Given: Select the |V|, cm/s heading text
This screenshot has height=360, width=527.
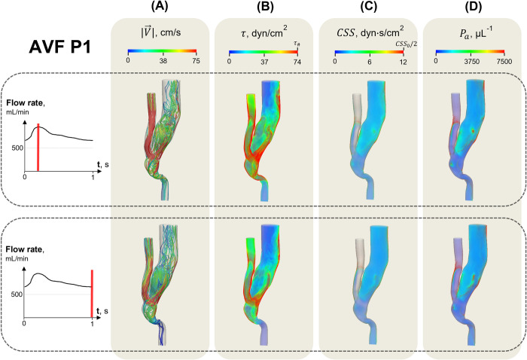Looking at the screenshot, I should (159, 30).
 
